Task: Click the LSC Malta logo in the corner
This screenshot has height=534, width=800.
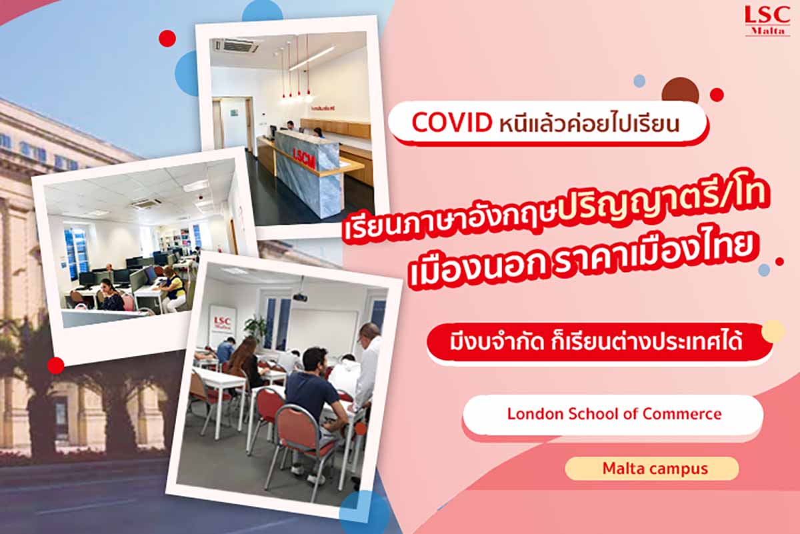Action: point(767,21)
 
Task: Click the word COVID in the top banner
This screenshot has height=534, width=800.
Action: point(451,123)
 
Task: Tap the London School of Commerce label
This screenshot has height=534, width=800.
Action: point(613,413)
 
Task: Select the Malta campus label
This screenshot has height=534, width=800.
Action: point(651,468)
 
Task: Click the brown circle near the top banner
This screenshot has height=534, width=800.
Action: point(680,91)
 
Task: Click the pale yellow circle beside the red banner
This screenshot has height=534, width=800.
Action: point(773,331)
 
